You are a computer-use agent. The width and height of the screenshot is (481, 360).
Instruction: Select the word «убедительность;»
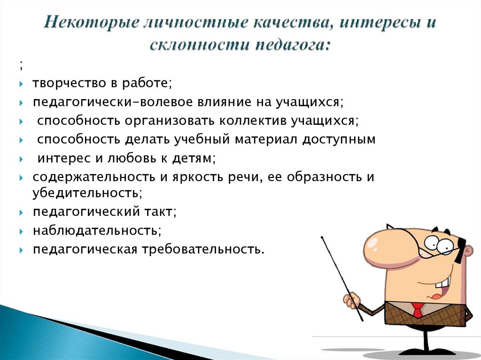point(87,192)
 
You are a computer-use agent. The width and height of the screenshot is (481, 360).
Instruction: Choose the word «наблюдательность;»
point(97,230)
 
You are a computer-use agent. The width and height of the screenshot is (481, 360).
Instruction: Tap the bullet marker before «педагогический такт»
point(22,213)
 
